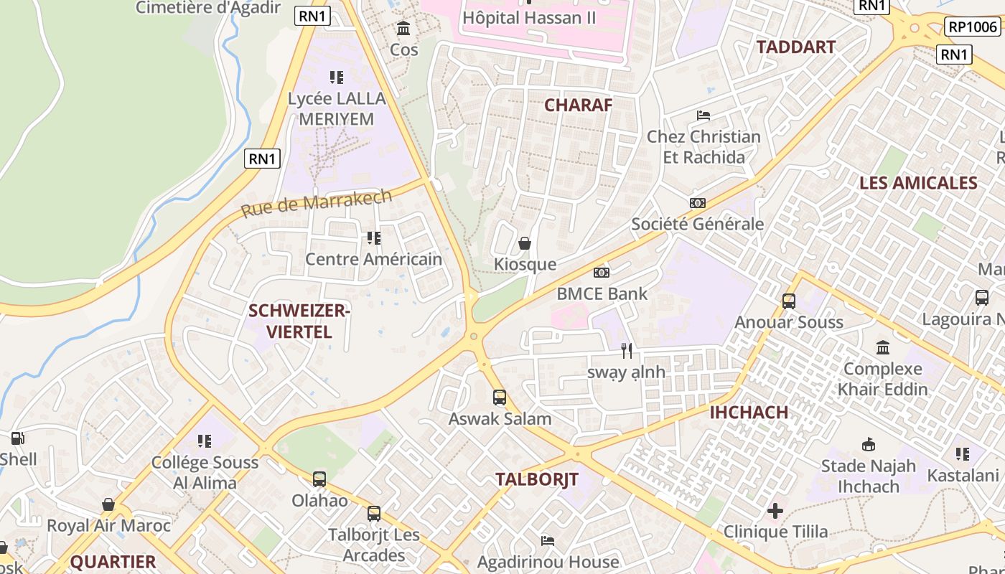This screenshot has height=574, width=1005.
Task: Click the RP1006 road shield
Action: coord(973,27)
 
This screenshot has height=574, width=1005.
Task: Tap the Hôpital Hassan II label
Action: coord(530,18)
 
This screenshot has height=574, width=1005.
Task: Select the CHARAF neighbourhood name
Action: coord(578,105)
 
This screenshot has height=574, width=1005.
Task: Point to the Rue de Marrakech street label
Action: coord(317,203)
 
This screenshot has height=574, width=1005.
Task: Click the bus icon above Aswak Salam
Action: coord(500,397)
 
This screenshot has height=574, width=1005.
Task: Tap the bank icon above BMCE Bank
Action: coord(602,273)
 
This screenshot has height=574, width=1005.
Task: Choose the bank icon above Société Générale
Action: coord(697,203)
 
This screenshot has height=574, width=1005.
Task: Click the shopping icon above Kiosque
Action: coord(525,243)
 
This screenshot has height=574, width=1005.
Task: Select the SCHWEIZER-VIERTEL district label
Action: coord(299,321)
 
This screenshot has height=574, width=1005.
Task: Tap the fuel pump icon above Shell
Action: coord(17,438)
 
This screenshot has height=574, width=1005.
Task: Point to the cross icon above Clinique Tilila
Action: coord(775,511)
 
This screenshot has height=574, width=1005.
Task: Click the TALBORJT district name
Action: coord(537,480)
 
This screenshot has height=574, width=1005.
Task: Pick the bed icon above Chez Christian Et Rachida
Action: coord(703,115)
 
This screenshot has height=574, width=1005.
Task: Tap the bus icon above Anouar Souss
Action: coord(789,301)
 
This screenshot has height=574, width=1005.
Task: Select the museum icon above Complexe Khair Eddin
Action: coord(883,348)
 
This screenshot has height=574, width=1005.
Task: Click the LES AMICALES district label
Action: coord(918,183)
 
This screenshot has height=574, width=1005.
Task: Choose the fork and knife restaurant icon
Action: coord(627,351)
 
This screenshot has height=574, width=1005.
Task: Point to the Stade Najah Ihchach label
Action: coord(869,476)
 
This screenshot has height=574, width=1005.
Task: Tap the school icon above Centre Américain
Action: coord(373,237)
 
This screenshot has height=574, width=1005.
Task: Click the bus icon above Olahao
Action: coord(319,479)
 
